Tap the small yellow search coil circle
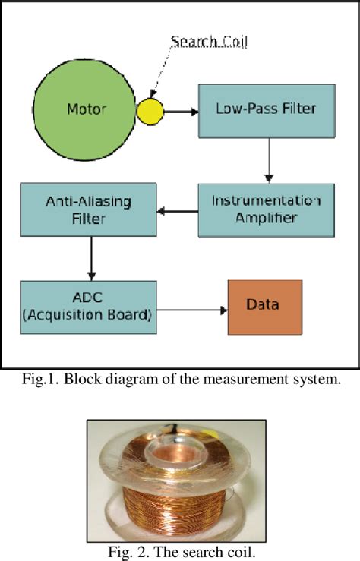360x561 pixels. point(150,112)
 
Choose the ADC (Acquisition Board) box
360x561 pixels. point(88,307)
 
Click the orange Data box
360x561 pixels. point(264,307)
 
